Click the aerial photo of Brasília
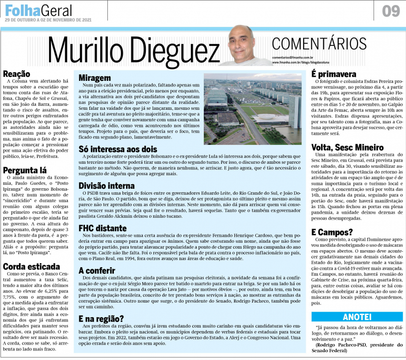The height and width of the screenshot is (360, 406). [252, 109]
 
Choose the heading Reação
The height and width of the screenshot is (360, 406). [16, 74]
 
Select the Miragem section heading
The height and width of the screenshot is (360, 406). [95, 78]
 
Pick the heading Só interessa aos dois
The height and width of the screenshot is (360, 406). [118, 149]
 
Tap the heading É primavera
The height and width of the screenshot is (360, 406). [334, 74]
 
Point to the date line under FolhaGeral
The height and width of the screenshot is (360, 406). [48, 20]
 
